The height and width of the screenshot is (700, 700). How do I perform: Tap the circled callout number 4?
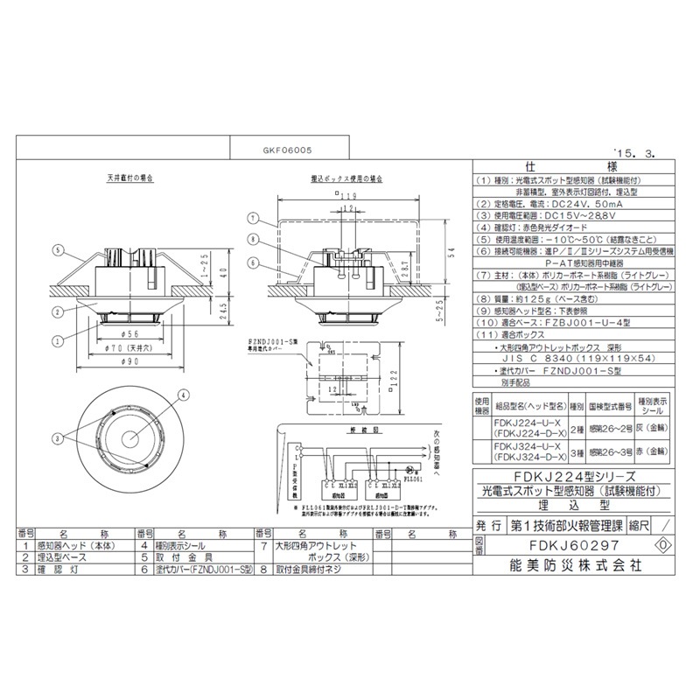183,395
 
